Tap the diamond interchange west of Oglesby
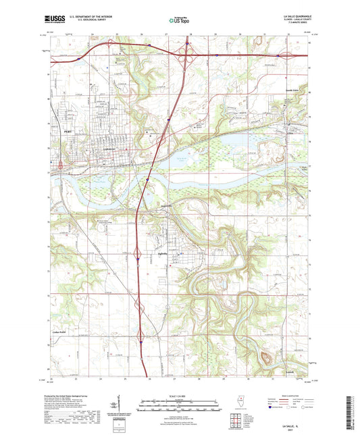[x=138, y=257]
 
